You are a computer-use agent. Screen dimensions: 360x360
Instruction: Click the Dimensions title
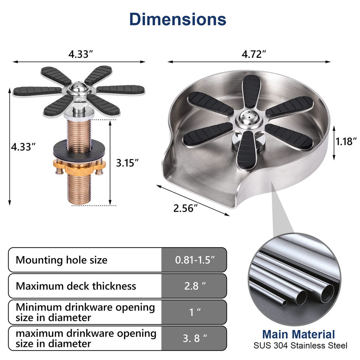(178, 19)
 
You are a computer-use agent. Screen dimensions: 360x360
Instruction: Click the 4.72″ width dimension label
(254, 54)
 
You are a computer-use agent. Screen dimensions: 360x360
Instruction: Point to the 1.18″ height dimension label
(346, 141)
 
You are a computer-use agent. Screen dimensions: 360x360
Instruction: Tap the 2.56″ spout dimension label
(186, 208)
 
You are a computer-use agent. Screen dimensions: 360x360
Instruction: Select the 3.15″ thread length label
(127, 163)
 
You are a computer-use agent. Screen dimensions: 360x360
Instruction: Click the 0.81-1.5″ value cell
(195, 260)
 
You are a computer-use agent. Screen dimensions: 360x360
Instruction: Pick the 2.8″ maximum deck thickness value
(195, 286)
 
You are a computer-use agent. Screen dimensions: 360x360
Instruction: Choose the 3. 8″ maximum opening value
(195, 338)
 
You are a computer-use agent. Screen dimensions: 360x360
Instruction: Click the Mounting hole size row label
(61, 260)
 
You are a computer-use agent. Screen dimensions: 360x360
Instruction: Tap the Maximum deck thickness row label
(76, 286)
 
